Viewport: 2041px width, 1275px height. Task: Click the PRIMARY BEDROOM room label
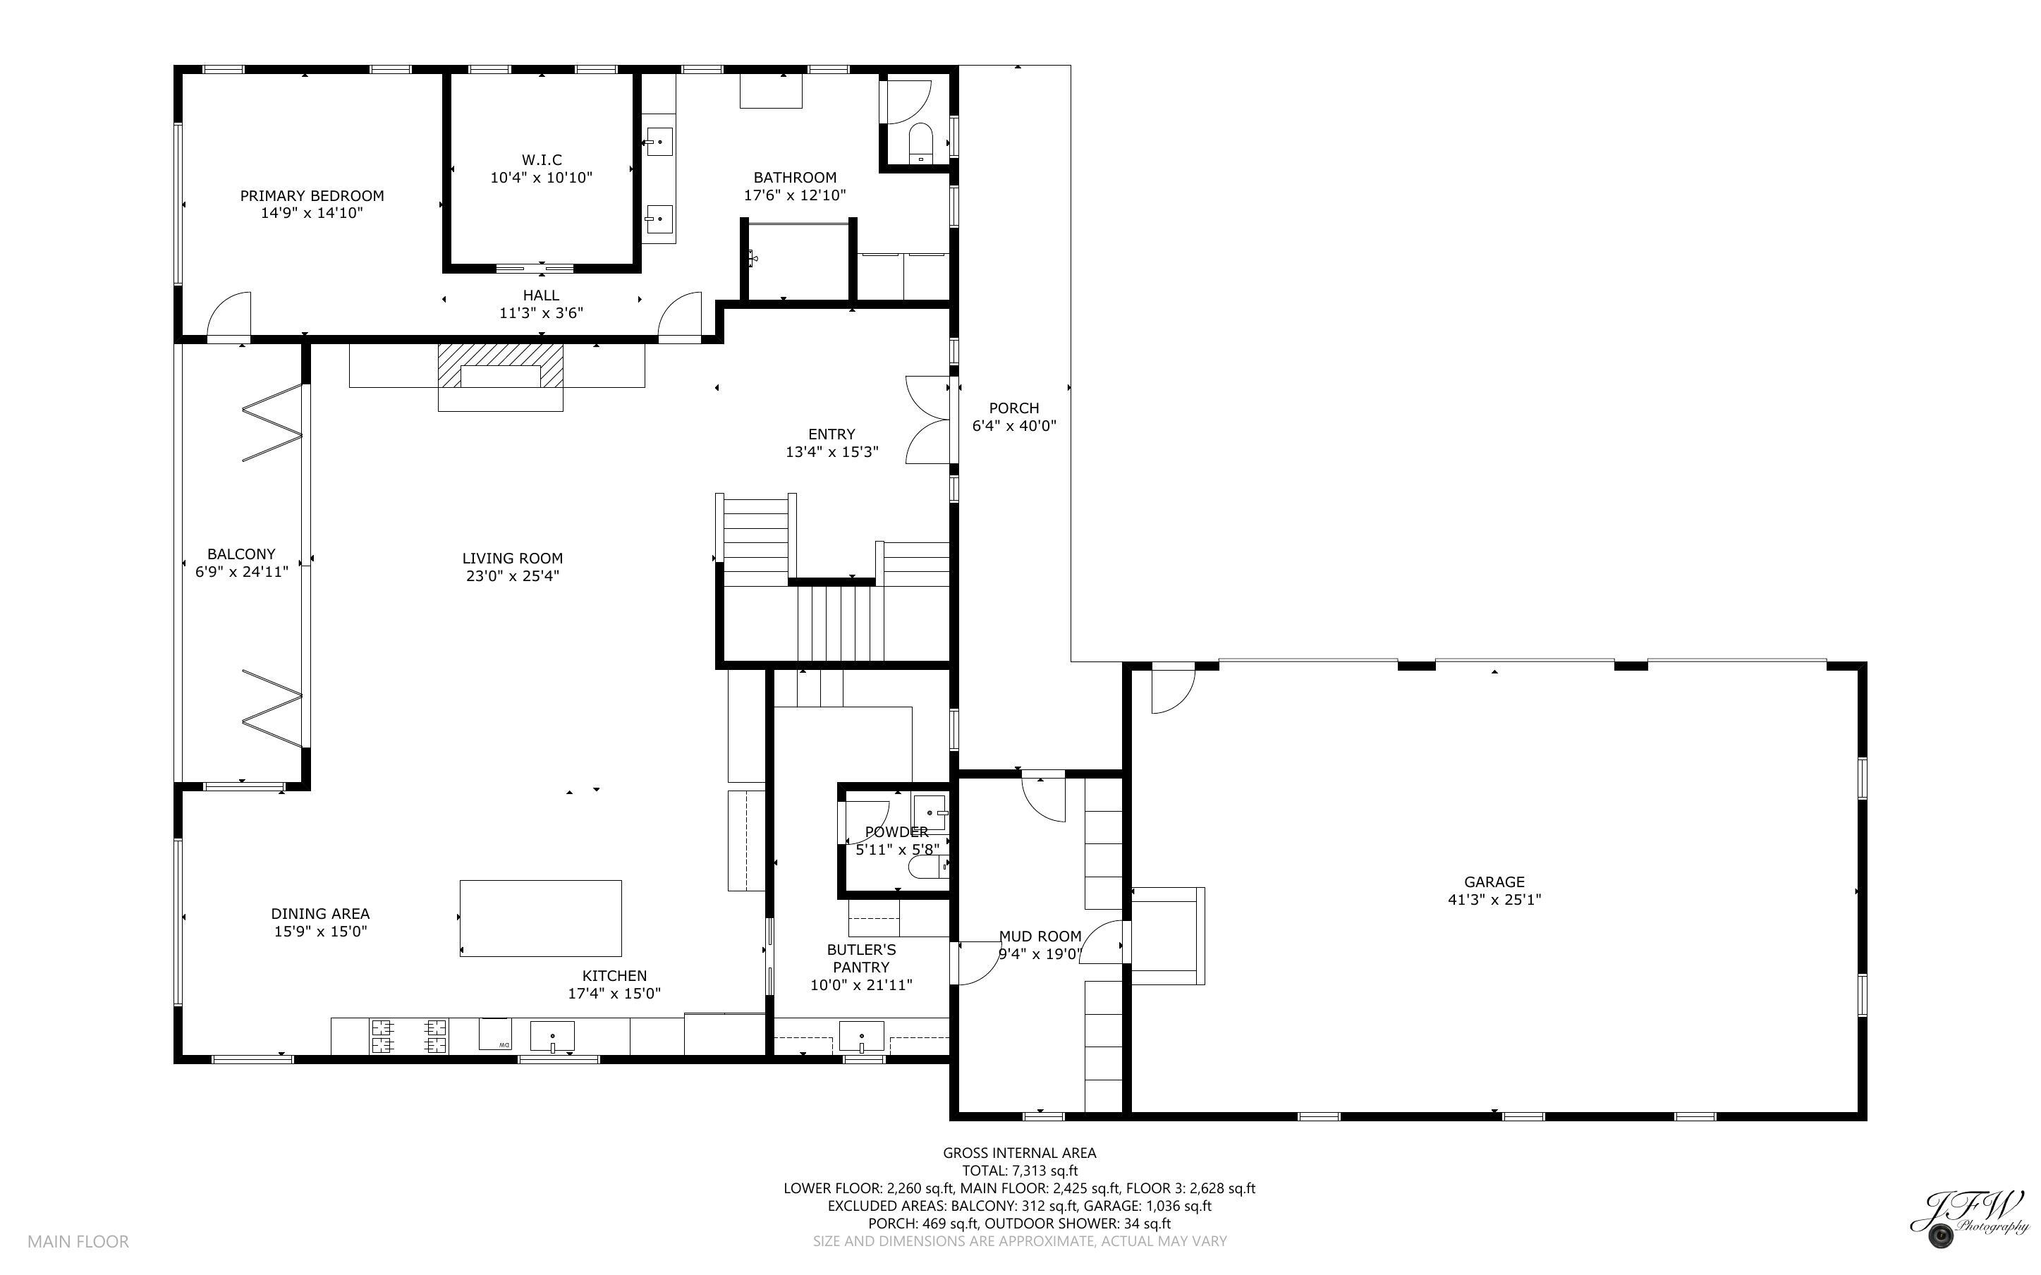tap(312, 195)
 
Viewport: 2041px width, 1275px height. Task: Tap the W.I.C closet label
tap(541, 159)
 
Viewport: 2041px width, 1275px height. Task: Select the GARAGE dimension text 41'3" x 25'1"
tap(1494, 900)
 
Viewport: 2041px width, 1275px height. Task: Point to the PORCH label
tap(1013, 408)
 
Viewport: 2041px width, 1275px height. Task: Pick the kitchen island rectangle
tap(540, 918)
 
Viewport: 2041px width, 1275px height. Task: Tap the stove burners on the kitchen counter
tap(410, 1037)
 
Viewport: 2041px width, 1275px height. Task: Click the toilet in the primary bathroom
tap(920, 143)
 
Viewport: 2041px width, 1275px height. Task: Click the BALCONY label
tap(241, 554)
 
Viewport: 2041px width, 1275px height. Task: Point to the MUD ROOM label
tap(1040, 936)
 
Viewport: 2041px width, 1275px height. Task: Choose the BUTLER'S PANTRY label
tap(860, 958)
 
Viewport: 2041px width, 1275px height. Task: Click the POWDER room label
tap(896, 831)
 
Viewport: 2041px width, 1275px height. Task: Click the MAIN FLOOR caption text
tap(78, 1241)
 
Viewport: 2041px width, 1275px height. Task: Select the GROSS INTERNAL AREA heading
tap(1019, 1153)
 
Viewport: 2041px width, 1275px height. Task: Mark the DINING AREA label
tap(320, 913)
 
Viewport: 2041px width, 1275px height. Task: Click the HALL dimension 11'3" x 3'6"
tap(541, 313)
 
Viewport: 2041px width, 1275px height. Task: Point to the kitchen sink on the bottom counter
tap(552, 1037)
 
